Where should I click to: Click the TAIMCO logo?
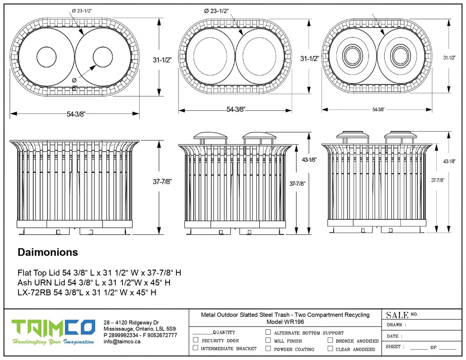coord(54,328)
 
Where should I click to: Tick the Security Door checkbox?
coord(195,340)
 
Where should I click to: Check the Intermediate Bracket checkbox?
coord(195,348)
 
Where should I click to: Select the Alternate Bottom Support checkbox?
coord(268,333)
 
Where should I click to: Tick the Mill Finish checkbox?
coord(268,340)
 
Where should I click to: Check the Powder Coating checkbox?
coord(268,348)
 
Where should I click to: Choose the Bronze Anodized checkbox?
coord(330,340)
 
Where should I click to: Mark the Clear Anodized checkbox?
coord(330,348)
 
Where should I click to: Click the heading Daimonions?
coord(48,252)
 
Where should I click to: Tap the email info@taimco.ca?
coord(122,341)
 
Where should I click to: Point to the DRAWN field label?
coord(397,325)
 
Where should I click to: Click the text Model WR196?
coord(285,322)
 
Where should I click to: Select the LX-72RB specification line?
coord(87,292)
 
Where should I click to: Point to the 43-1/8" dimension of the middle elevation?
coord(309,159)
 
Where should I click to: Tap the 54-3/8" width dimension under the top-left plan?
coord(75,114)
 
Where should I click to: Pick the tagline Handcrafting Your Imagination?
coord(54,342)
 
